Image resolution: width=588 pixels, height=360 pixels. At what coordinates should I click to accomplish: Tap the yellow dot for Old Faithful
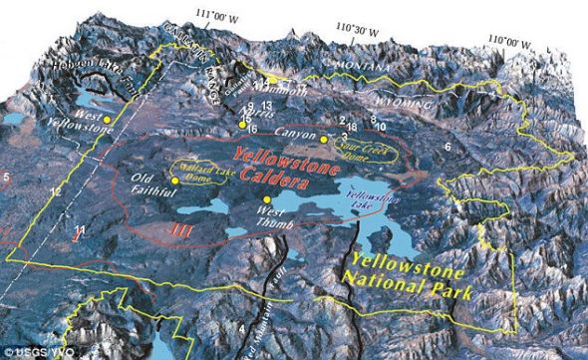click(175, 180)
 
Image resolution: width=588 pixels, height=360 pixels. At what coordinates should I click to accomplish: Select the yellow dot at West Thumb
click(266, 200)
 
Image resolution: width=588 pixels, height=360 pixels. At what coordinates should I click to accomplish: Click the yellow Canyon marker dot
click(324, 139)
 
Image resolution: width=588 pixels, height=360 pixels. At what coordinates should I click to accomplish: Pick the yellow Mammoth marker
click(270, 78)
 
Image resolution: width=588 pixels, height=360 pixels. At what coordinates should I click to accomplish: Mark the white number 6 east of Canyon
click(447, 147)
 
